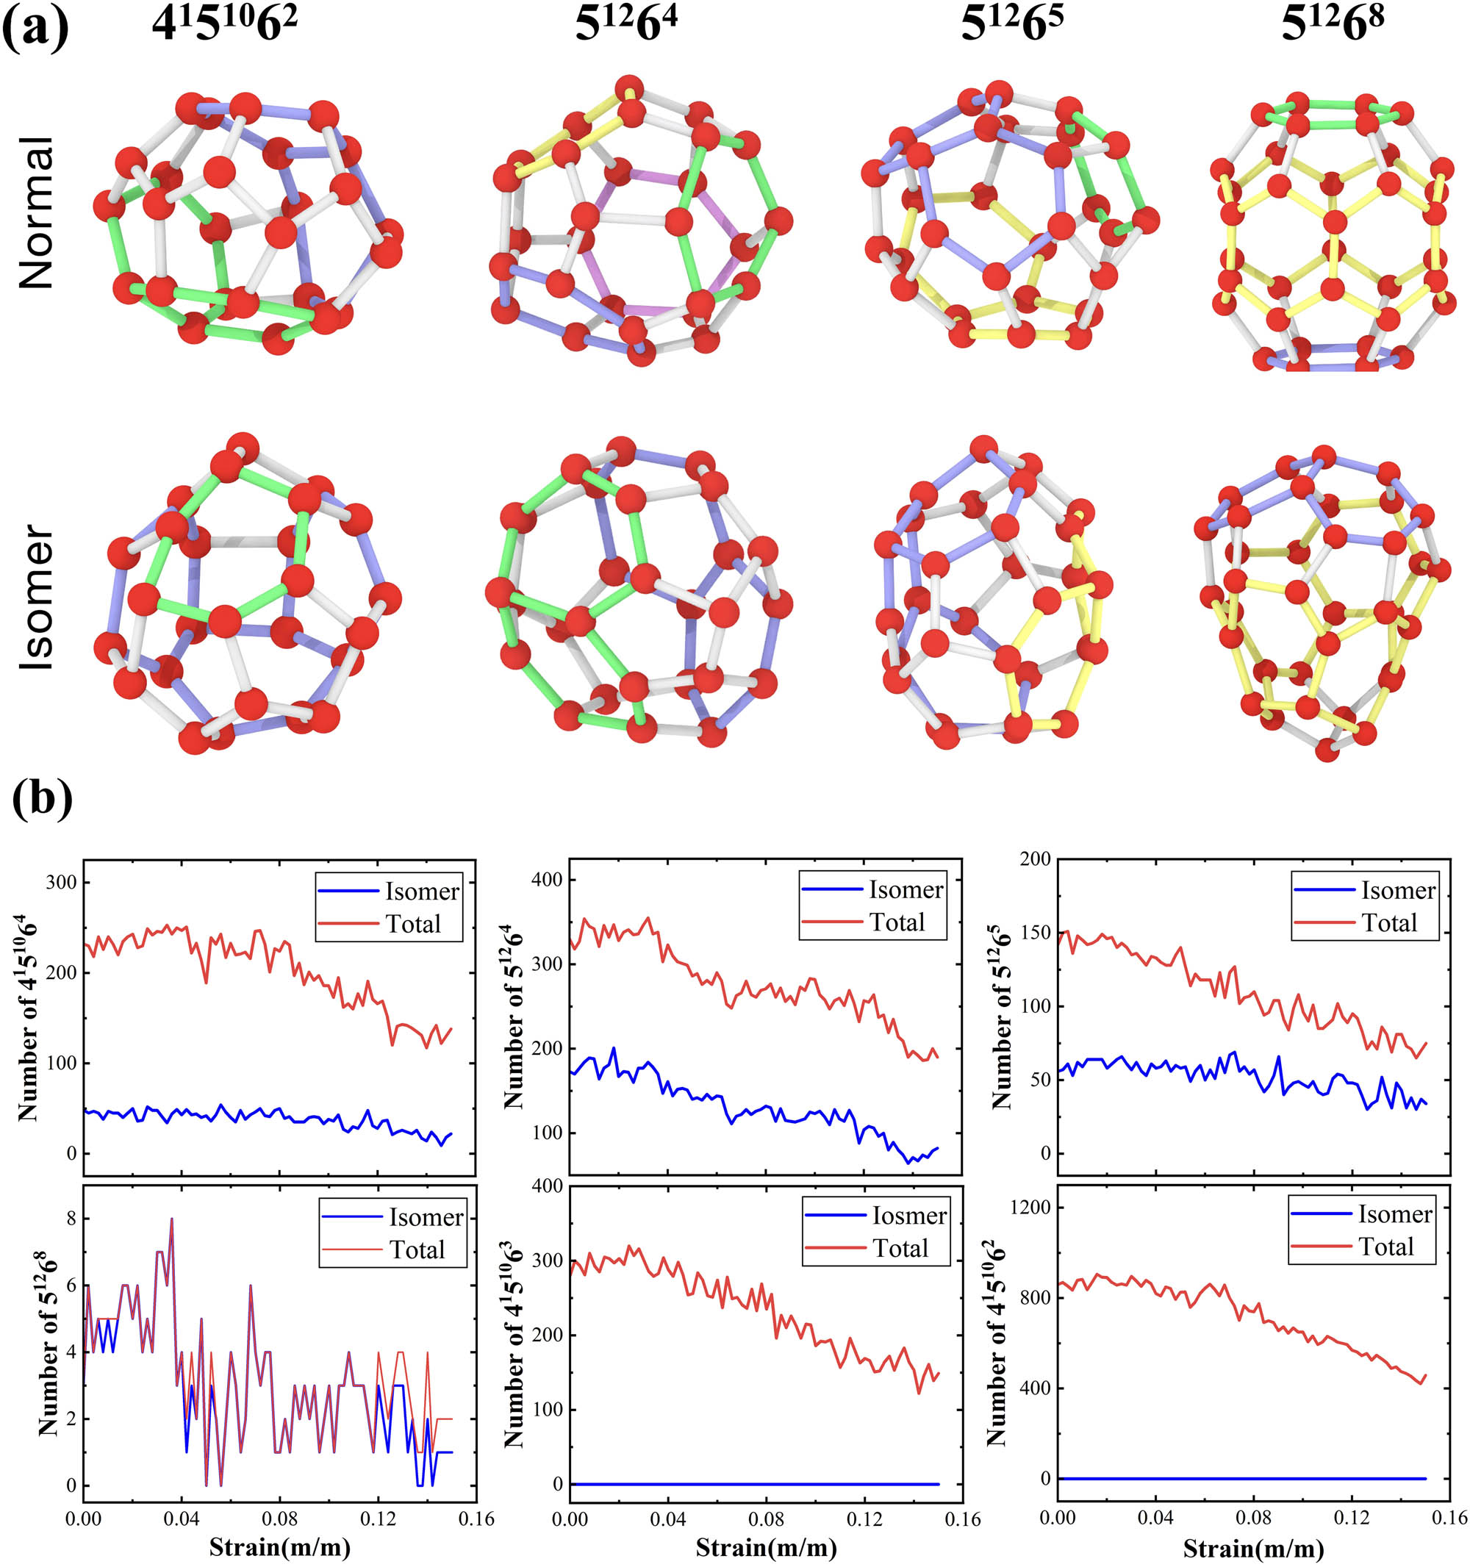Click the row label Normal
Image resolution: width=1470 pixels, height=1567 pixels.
click(36, 213)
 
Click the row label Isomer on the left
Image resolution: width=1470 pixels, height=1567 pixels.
click(36, 597)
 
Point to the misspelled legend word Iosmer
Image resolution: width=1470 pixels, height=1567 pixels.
click(908, 1216)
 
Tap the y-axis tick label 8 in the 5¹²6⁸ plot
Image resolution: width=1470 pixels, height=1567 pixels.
click(72, 1219)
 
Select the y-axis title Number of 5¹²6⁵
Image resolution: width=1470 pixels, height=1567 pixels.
click(1001, 1016)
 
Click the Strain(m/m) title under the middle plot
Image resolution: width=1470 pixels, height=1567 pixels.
click(765, 1548)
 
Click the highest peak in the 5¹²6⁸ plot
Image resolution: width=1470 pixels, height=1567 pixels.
click(171, 1219)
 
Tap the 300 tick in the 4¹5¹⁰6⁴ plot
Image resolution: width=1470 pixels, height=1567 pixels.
click(62, 882)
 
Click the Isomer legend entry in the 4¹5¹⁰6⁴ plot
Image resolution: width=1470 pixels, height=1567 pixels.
click(422, 892)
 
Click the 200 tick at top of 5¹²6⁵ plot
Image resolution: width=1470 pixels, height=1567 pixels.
click(1034, 859)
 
